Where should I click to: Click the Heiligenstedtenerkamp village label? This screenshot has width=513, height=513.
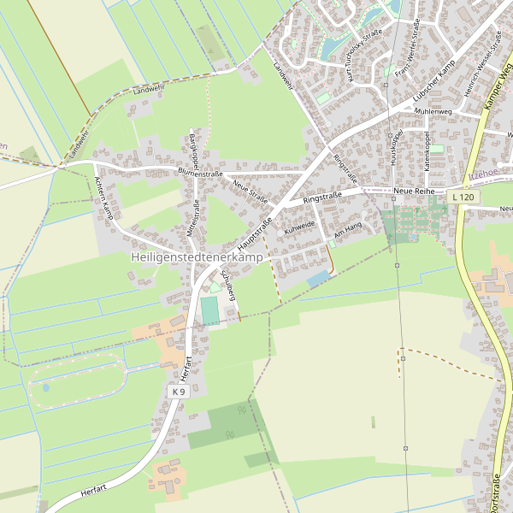(x=196, y=256)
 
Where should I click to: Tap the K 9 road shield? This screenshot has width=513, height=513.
(x=178, y=391)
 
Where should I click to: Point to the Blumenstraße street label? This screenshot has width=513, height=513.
(x=200, y=174)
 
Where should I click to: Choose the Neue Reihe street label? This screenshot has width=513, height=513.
(x=416, y=190)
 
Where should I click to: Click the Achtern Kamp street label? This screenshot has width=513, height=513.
(x=103, y=198)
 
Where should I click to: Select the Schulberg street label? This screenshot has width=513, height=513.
(x=228, y=286)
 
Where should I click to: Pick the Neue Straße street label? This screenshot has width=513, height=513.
(x=250, y=193)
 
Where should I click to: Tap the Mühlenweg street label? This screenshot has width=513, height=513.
(x=433, y=111)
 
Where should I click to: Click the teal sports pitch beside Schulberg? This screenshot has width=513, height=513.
(x=209, y=311)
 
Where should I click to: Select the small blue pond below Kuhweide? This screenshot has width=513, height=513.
(x=318, y=279)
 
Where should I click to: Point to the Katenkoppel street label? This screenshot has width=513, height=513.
(x=426, y=150)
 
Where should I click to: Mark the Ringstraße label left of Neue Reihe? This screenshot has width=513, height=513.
(x=322, y=198)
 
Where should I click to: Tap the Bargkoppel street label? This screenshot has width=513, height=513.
(x=193, y=150)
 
